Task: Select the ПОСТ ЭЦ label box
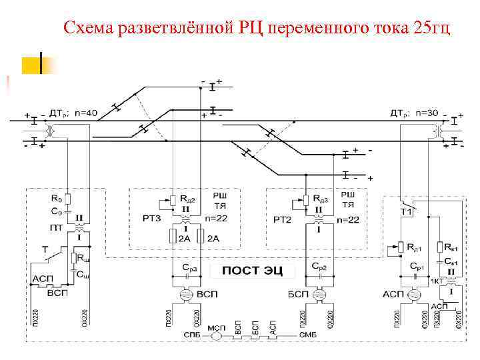253,270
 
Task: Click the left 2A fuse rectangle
173,236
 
